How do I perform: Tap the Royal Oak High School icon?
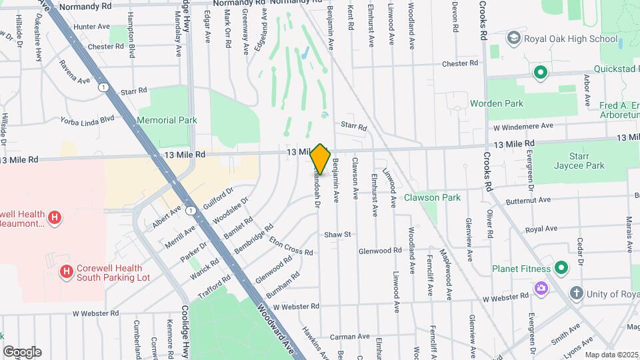coord(513,39)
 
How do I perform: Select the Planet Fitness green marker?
coord(561,269)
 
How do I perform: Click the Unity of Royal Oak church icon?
coord(577,293)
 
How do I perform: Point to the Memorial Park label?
coord(167,121)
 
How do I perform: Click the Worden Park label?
coord(497,103)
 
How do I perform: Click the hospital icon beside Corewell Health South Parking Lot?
coord(66,271)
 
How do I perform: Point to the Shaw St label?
coord(337,235)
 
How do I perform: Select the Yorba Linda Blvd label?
coord(89,120)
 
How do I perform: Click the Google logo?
coord(22,351)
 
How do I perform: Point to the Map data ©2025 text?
coord(611,355)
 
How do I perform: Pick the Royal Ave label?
coord(541,229)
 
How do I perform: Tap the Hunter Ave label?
coord(92,27)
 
